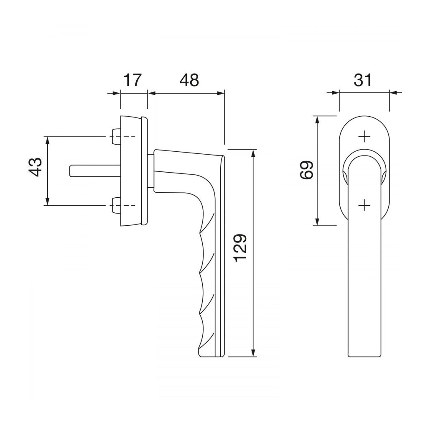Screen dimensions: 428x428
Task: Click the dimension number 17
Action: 132,80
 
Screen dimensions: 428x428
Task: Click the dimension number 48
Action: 189,80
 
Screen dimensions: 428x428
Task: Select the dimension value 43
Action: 36,167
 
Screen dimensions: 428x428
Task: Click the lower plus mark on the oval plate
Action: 365,205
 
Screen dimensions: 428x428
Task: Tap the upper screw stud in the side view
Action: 116,137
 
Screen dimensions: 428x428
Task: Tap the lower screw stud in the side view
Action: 116,205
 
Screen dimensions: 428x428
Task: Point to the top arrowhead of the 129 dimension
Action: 253,153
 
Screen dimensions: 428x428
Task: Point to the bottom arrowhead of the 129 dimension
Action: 253,354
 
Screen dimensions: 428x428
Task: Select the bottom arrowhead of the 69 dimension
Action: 318,222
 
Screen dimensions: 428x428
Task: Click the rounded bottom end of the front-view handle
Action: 365,356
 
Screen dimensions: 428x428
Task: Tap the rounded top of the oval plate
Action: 364,115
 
